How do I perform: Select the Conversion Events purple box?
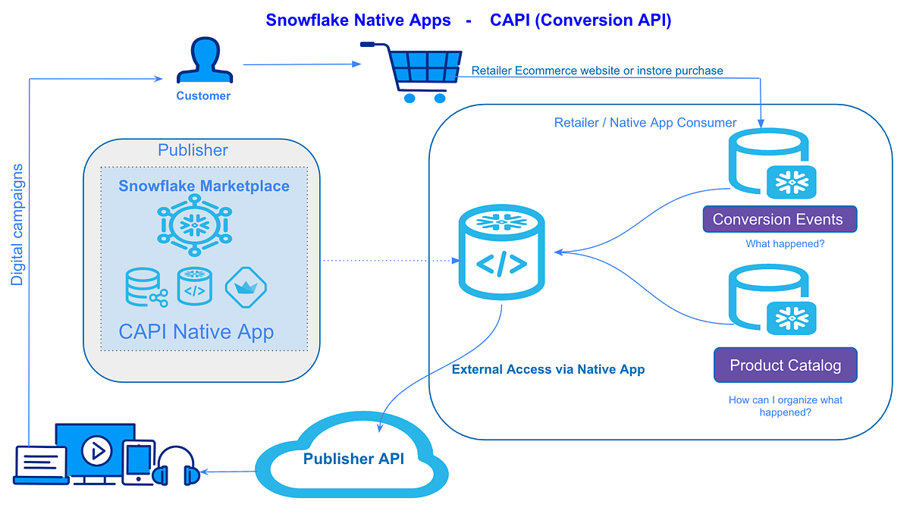(779, 220)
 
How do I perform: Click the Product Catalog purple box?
(785, 365)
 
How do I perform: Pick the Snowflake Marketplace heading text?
(203, 186)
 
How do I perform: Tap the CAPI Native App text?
(196, 331)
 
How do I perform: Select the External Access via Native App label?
(548, 370)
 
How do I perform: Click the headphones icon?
(176, 465)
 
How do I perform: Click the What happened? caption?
(784, 243)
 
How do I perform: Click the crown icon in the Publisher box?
(246, 287)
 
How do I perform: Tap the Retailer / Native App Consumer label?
(645, 123)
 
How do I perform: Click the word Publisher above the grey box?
(193, 150)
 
